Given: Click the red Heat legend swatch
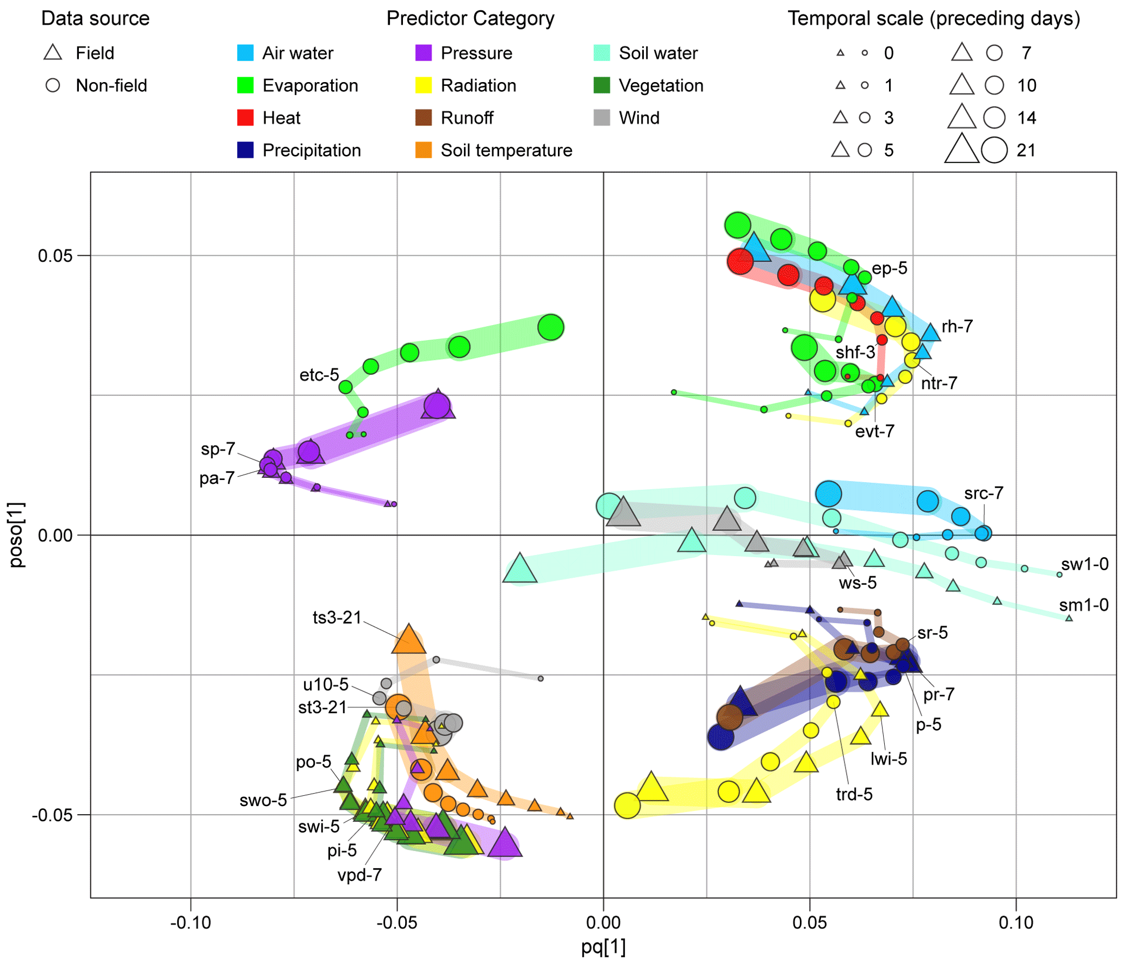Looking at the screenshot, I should point(245,117).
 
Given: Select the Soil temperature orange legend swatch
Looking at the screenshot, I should point(424,150).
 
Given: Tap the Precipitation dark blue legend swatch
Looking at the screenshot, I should point(245,150).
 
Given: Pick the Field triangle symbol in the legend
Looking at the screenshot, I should point(53,53).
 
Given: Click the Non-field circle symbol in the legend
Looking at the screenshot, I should point(53,85).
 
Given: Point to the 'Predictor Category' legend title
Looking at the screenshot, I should point(470,18).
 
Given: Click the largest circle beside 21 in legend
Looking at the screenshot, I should point(994,150).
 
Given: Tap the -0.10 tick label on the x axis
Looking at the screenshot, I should point(190,922).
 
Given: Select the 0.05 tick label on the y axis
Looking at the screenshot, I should point(55,255).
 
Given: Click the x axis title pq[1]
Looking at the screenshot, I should point(603,946).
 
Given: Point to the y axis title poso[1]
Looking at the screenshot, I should point(16,535).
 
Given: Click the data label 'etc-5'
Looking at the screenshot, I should point(319,375).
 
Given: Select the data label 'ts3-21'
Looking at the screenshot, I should point(337,617).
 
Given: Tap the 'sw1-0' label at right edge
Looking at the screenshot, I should point(1084,564).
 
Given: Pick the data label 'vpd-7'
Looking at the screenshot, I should point(359,875).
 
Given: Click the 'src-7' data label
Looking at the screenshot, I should point(983,493).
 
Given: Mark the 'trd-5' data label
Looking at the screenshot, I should point(854,794).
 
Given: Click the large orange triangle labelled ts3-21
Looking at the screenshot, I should point(408,640).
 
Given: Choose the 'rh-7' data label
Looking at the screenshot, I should point(957,326).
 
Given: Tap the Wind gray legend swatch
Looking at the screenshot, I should point(601,117).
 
